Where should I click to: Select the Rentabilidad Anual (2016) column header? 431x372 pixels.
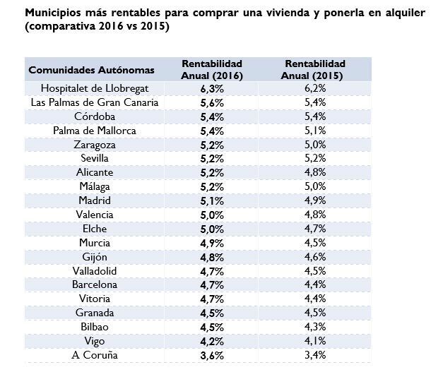pyautogui.click(x=212, y=69)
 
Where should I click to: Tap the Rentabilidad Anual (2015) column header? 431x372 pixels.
pyautogui.click(x=315, y=69)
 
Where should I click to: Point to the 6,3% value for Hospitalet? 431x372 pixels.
pyautogui.click(x=212, y=88)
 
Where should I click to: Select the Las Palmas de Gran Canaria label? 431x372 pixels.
pyautogui.click(x=94, y=102)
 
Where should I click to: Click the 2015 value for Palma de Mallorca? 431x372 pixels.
pyautogui.click(x=315, y=131)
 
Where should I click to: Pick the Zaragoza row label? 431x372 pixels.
pyautogui.click(x=94, y=145)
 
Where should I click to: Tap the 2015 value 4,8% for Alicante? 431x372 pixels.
pyautogui.click(x=315, y=172)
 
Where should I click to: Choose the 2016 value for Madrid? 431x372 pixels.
pyautogui.click(x=212, y=200)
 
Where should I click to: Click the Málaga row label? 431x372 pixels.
pyautogui.click(x=94, y=186)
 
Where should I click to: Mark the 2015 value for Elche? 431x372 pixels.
pyautogui.click(x=315, y=229)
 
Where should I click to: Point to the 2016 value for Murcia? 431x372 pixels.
pyautogui.click(x=212, y=243)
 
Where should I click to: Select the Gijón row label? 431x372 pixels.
pyautogui.click(x=94, y=257)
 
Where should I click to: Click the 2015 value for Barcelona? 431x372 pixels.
pyautogui.click(x=315, y=284)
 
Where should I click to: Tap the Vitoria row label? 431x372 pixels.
pyautogui.click(x=94, y=299)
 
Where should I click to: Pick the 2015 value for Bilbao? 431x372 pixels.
pyautogui.click(x=315, y=327)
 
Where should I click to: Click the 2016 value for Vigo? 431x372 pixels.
pyautogui.click(x=212, y=341)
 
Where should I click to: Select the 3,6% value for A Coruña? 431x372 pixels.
pyautogui.click(x=212, y=355)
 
